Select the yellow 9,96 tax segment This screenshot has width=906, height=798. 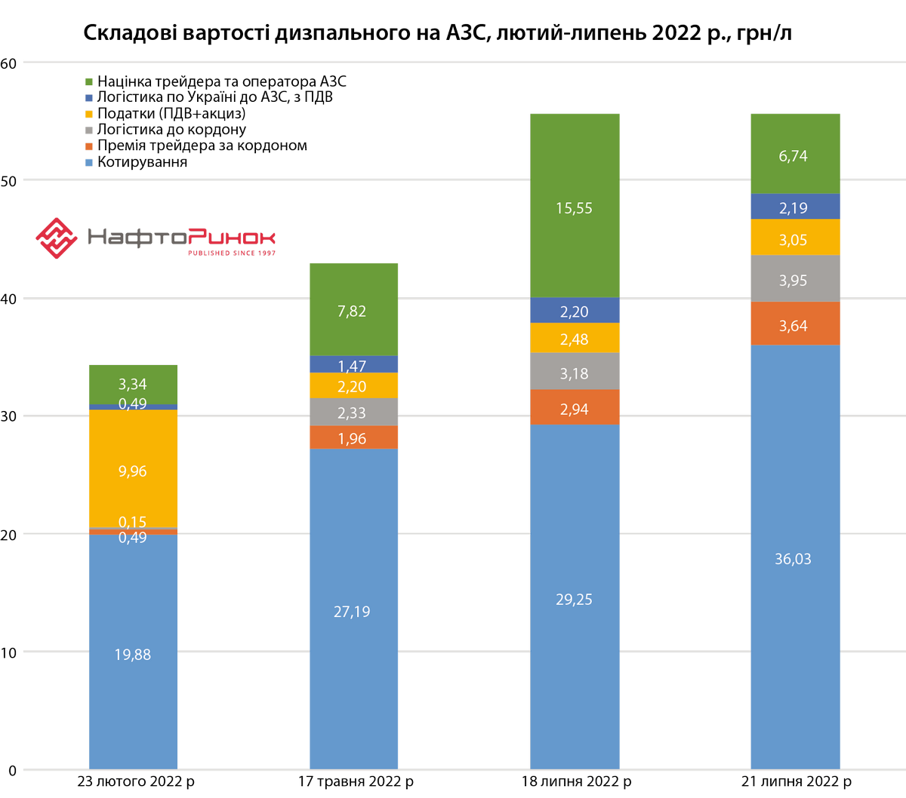(133, 471)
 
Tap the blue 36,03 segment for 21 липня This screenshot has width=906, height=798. (795, 559)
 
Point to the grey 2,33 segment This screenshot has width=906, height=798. (353, 412)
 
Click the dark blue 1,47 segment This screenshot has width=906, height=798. (353, 364)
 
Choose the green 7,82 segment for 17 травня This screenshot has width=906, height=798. (353, 311)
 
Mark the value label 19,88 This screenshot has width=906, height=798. (133, 655)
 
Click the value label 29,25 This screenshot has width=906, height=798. (575, 600)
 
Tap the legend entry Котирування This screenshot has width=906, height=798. (142, 162)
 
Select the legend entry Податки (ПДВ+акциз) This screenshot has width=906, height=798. (171, 113)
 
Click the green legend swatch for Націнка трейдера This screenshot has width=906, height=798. (90, 81)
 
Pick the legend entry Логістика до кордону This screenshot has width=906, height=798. (171, 130)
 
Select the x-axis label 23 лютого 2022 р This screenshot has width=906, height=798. (136, 781)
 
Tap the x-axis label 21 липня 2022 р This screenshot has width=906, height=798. (795, 781)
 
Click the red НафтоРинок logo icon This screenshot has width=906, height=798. (57, 238)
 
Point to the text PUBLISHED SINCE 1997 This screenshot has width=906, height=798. (232, 253)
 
